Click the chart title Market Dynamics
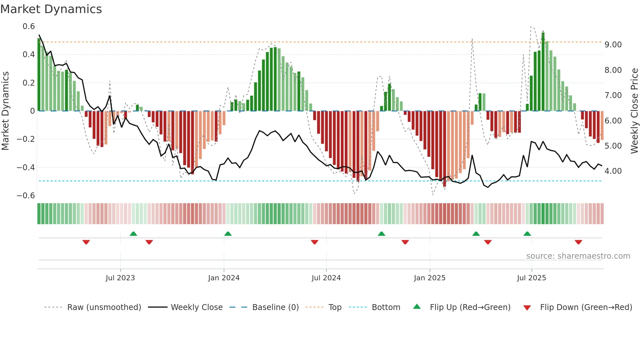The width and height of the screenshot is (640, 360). [x=51, y=9]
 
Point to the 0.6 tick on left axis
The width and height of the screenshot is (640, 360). [x=29, y=26]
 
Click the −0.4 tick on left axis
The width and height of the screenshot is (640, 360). [x=26, y=168]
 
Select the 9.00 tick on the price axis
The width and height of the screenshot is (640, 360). [x=613, y=45]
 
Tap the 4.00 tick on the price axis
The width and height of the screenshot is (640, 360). [x=613, y=171]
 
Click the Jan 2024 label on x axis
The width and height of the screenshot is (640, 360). [x=224, y=278]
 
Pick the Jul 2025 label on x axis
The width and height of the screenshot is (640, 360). [x=531, y=278]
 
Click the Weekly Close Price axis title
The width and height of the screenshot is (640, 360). [x=634, y=111]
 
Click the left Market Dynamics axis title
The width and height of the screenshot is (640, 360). [x=5, y=111]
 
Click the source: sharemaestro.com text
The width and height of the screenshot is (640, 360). [x=578, y=256]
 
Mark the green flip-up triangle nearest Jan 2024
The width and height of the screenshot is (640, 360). [x=228, y=234]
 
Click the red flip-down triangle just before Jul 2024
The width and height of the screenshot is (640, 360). [x=314, y=242]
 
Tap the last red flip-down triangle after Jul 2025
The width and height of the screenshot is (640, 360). [x=578, y=242]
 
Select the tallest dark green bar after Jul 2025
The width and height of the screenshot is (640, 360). [x=543, y=72]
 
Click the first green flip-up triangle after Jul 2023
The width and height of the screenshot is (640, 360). [x=133, y=234]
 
